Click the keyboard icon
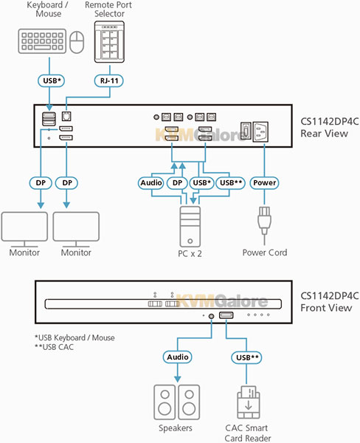42,41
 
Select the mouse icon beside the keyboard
77,42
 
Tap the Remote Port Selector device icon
109,42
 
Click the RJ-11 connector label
108,80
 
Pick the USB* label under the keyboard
52,80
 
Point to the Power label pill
264,183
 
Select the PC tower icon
190,227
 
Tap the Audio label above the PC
151,183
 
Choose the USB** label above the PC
230,183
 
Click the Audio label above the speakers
177,357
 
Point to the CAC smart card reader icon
248,402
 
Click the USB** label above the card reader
247,357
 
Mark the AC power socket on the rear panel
260,132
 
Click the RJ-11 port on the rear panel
66,117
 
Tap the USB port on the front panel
226,315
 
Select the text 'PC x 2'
190,254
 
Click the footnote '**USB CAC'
54,347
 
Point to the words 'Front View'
326,308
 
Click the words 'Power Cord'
265,253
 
